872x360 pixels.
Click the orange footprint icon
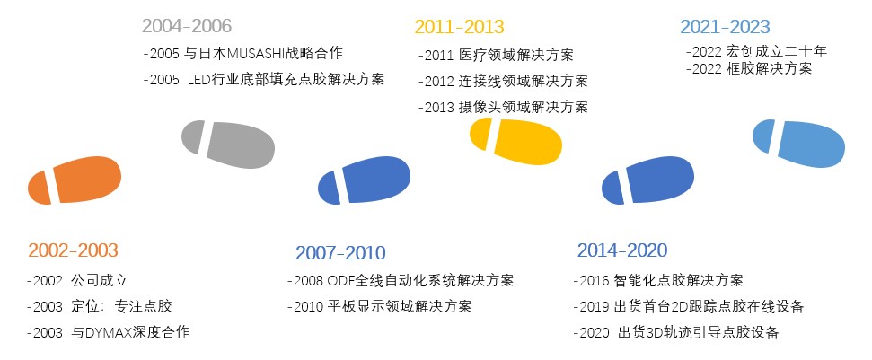point(75,180)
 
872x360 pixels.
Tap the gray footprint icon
point(228,144)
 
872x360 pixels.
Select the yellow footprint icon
point(515,141)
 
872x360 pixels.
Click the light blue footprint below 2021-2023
point(798,144)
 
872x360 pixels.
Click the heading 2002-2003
point(74,250)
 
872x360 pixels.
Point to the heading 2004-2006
point(187,26)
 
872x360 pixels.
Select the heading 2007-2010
point(340,253)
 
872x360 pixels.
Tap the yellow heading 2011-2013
point(460,27)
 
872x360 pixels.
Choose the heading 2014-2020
point(622,250)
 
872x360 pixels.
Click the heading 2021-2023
point(726,27)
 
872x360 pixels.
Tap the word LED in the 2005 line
point(199,80)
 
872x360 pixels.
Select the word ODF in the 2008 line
point(339,281)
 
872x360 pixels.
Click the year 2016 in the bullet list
point(595,281)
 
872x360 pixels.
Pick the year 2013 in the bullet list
point(439,107)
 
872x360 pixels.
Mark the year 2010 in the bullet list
point(309,307)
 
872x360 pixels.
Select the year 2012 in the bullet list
point(439,82)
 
